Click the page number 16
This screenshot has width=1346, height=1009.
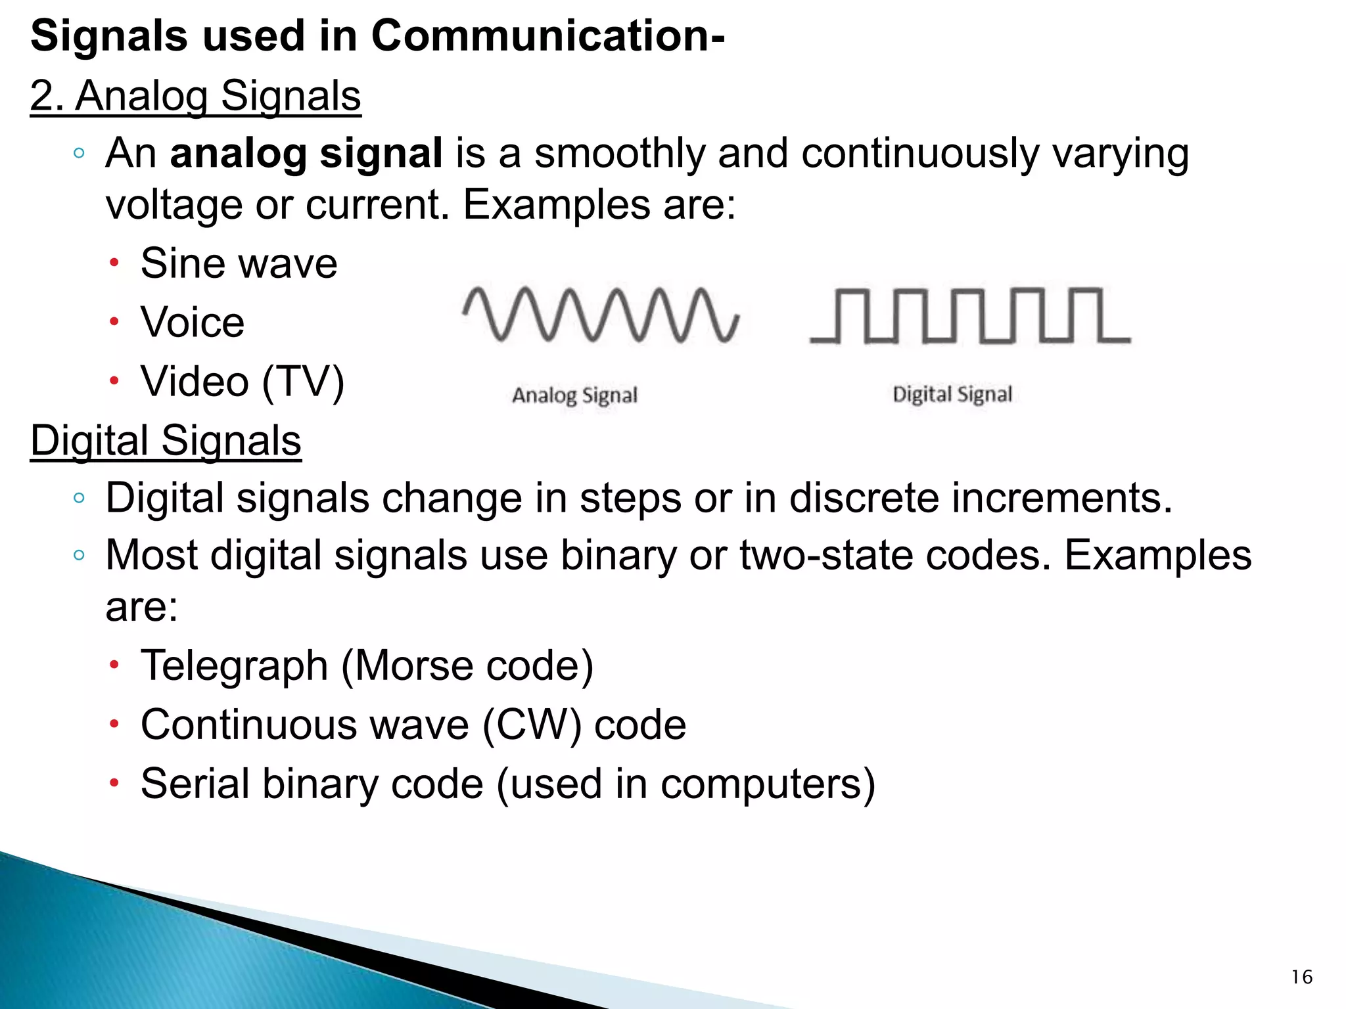pos(1301,977)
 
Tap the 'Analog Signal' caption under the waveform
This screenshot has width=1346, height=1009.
pos(574,395)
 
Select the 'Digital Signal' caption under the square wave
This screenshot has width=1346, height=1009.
pos(952,394)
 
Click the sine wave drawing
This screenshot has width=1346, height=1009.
pos(601,314)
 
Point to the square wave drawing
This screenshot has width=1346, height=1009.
pos(970,315)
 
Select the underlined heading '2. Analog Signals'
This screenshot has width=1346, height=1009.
pos(196,96)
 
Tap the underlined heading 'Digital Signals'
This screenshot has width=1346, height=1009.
pos(166,440)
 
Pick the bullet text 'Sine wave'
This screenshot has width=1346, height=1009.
pos(239,263)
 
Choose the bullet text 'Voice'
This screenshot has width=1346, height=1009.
pos(193,323)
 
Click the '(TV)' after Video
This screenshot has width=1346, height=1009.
pos(303,382)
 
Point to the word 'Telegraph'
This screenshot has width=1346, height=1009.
pos(234,665)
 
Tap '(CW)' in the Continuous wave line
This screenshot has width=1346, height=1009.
pos(532,725)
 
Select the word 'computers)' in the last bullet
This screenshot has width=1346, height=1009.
pos(768,784)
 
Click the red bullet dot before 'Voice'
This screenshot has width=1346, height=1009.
pos(114,323)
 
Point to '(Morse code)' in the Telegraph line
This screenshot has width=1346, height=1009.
pos(467,665)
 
